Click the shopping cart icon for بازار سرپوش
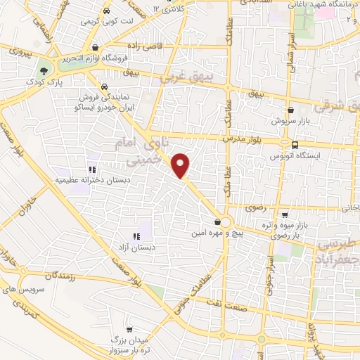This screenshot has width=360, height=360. (x=290, y=110)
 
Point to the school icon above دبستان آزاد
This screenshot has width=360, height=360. (x=136, y=237)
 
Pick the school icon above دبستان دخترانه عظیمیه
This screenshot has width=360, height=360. (x=91, y=169)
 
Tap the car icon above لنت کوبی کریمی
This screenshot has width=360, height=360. (x=105, y=11)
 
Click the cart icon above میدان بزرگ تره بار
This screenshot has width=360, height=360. (x=129, y=329)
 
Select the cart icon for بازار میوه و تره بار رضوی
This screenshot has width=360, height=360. (x=284, y=215)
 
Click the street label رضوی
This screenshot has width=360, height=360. (x=252, y=208)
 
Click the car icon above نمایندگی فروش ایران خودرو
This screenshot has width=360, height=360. (x=105, y=89)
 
